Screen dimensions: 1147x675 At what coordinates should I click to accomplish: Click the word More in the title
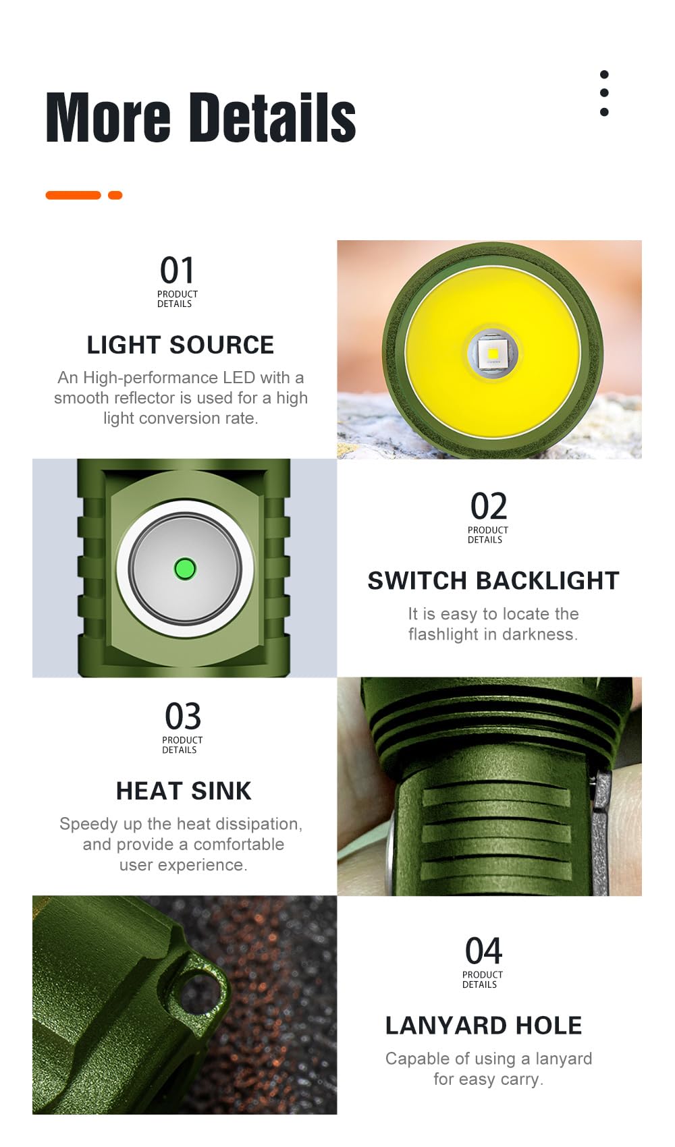pos(108,118)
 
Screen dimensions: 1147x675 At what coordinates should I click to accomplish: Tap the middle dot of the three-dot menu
pos(604,93)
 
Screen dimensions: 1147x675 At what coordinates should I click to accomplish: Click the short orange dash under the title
pos(115,196)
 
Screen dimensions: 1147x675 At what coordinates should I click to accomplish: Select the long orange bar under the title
pos(73,196)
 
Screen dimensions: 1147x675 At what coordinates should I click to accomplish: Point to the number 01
pos(177,271)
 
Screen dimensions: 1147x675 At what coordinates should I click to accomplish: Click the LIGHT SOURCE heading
pos(180,345)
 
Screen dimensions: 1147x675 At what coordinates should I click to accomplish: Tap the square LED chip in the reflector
pos(493,353)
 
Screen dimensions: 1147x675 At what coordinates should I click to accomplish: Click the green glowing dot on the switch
pos(184,569)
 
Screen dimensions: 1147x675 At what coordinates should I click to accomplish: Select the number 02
pos(488,507)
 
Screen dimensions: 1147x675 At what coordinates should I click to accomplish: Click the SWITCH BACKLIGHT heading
pos(493,581)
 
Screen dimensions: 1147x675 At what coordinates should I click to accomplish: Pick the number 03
pos(183,717)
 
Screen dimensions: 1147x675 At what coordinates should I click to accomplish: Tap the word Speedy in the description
pos(86,824)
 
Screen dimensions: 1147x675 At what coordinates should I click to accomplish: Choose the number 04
pos(483,951)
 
